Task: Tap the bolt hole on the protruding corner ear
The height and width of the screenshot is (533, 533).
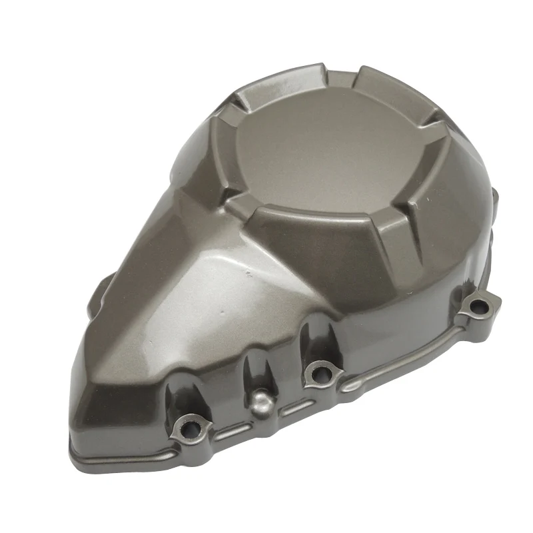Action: (x=478, y=306)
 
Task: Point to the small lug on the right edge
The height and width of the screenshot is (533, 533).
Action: (x=494, y=195)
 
